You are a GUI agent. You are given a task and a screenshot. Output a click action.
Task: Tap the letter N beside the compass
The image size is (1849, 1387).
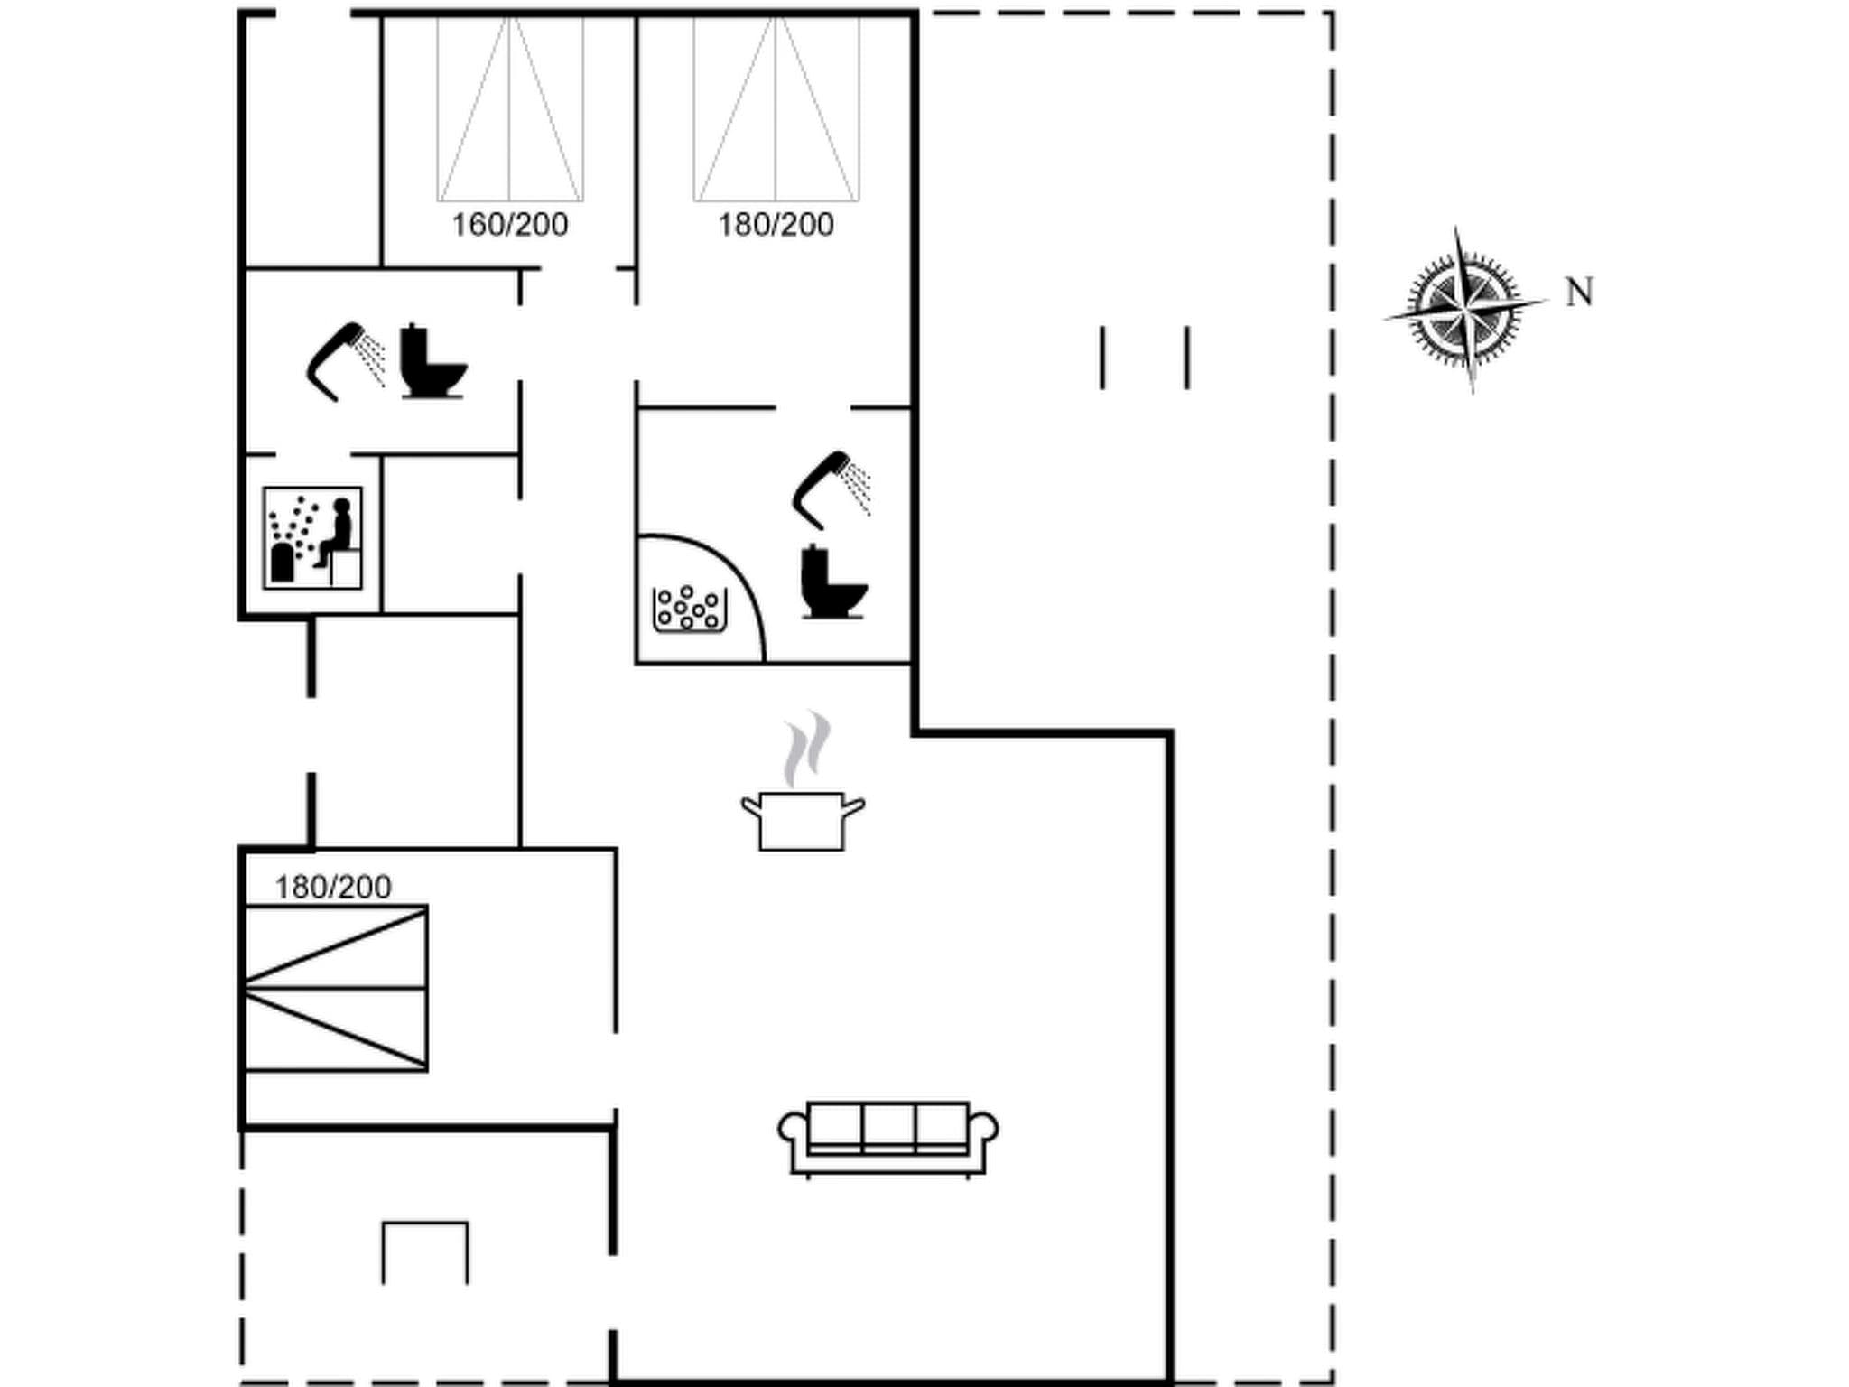click(x=1579, y=293)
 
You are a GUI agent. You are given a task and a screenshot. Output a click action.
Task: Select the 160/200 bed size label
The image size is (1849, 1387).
click(x=509, y=225)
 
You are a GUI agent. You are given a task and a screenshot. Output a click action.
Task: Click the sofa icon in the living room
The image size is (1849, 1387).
click(x=888, y=1137)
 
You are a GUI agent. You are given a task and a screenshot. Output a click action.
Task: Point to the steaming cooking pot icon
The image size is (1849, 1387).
click(x=803, y=819)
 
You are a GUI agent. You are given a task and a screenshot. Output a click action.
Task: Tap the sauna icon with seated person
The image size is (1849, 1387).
click(x=312, y=538)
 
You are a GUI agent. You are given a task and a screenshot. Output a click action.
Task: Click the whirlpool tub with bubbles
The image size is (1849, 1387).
click(x=690, y=610)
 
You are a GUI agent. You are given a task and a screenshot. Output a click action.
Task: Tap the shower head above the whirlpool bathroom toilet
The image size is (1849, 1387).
click(x=829, y=489)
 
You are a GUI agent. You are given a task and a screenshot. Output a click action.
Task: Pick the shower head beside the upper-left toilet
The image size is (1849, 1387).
click(x=344, y=359)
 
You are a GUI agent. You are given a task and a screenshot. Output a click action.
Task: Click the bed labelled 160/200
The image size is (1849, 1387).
click(x=510, y=108)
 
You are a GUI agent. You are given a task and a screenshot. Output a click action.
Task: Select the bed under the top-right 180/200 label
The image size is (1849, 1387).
click(x=776, y=108)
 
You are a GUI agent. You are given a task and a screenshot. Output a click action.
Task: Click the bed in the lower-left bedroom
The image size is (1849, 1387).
click(x=336, y=988)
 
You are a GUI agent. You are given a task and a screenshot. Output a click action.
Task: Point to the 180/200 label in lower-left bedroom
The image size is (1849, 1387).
click(x=333, y=888)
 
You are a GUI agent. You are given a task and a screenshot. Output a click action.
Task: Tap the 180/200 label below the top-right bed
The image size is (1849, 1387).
click(x=776, y=225)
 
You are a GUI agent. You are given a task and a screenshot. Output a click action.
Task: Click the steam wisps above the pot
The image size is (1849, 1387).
click(x=806, y=748)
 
